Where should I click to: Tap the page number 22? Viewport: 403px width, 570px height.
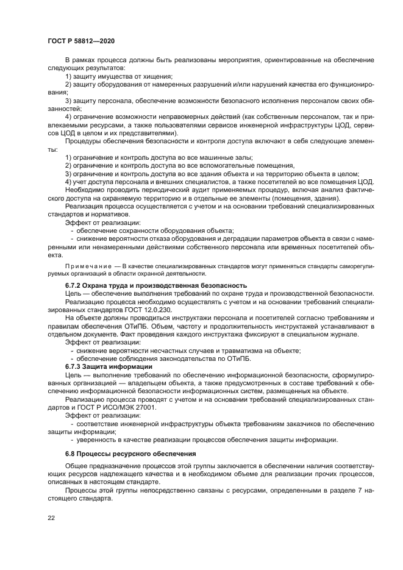(x=51, y=518)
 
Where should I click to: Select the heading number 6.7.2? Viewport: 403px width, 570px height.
(x=74, y=285)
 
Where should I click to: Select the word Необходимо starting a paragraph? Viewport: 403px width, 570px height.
(x=87, y=190)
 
